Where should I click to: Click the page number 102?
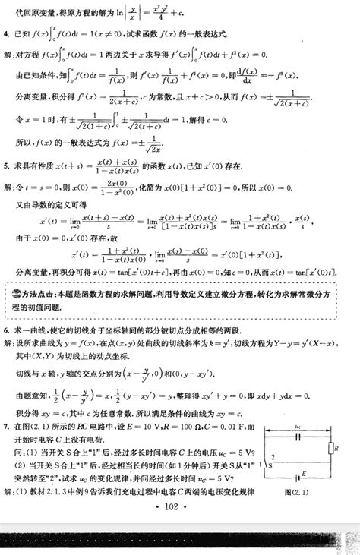point(180,507)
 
